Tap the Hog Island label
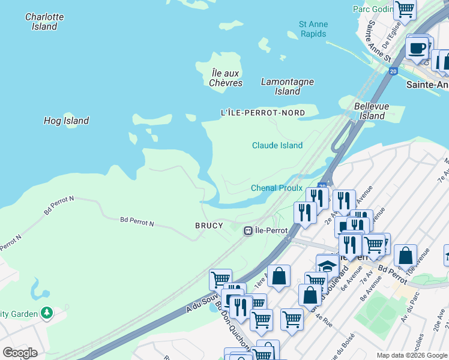(x=66, y=121)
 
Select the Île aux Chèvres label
(x=226, y=78)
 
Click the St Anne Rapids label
(x=313, y=29)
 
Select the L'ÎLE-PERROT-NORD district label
(x=263, y=113)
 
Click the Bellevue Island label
(x=372, y=111)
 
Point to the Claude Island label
(x=277, y=145)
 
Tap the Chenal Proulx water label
(x=276, y=188)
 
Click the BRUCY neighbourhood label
(x=209, y=226)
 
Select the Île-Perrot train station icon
(x=247, y=230)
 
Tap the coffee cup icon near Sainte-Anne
(x=418, y=47)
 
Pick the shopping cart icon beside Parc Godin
(x=405, y=9)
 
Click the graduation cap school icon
(x=327, y=265)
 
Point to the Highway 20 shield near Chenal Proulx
(x=322, y=186)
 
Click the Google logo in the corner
(x=20, y=352)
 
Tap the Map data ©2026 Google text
(x=412, y=355)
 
